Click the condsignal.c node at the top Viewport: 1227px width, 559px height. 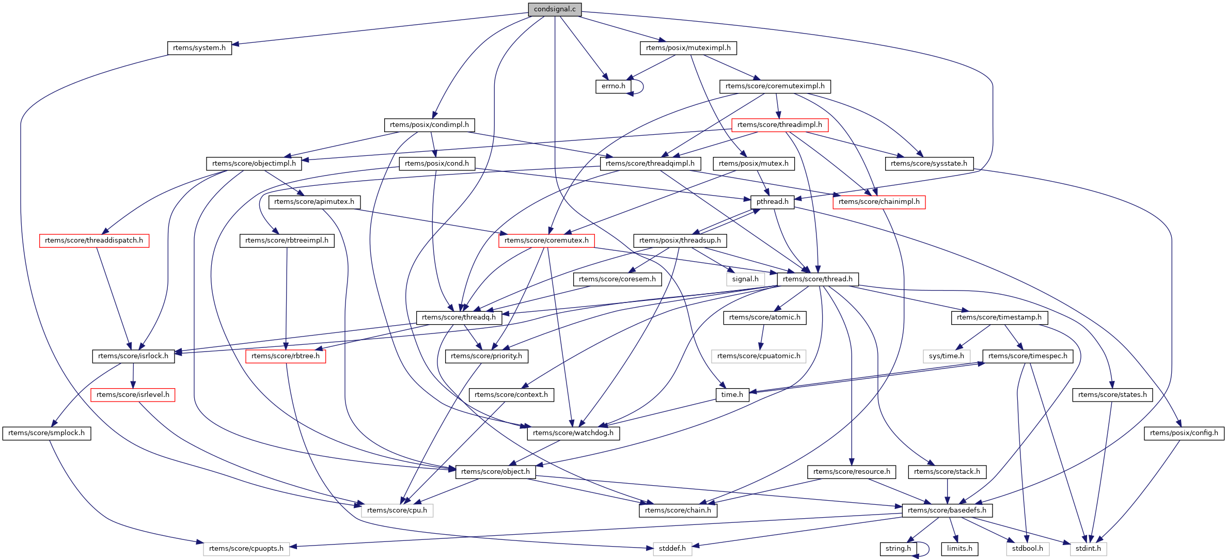[555, 9]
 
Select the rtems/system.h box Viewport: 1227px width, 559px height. [199, 48]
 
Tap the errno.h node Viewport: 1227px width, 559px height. [613, 86]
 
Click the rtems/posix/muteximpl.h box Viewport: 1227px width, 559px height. [688, 48]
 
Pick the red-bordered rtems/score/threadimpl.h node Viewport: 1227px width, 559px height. [779, 125]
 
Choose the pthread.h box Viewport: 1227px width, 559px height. [772, 202]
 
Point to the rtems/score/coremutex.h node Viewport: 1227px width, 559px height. [546, 241]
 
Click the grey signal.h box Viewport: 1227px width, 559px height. [745, 279]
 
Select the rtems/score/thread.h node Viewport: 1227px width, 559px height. [817, 279]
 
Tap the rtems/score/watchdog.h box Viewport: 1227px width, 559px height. [573, 433]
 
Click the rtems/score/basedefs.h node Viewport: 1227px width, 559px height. [947, 510]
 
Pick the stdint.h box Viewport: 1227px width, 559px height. [1088, 549]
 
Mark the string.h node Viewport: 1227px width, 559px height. [898, 549]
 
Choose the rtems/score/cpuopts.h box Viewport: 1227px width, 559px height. [246, 549]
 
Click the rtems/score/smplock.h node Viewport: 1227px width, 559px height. [46, 433]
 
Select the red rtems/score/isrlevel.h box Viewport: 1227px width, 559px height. [133, 395]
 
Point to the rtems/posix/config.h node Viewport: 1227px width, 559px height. [1184, 433]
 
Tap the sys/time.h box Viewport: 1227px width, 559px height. [946, 356]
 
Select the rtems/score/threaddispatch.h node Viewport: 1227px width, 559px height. [94, 241]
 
